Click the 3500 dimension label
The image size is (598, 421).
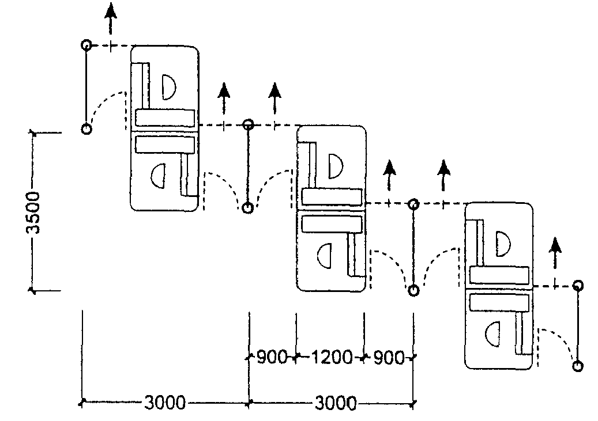(x=35, y=213)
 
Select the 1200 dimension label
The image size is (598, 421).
(x=332, y=358)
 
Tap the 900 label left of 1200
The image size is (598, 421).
(x=272, y=358)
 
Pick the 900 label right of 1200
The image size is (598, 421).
(x=389, y=358)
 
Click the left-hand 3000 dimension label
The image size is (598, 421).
(x=165, y=403)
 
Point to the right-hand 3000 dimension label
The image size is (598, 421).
(x=336, y=403)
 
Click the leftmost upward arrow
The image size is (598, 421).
(x=111, y=19)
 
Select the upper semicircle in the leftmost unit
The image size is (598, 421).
(x=168, y=87)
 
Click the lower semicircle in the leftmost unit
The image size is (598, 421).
(x=158, y=176)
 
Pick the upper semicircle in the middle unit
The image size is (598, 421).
(x=335, y=166)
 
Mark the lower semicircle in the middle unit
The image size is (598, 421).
(x=325, y=256)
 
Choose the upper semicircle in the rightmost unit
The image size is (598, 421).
(x=503, y=244)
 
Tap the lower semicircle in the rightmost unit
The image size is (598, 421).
(x=492, y=334)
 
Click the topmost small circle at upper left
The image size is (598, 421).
(x=86, y=45)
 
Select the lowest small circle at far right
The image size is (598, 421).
(x=578, y=366)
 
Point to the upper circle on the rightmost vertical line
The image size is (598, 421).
(x=578, y=285)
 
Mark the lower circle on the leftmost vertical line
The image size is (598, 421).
(x=87, y=129)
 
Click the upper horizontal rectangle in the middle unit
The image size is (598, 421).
(x=332, y=196)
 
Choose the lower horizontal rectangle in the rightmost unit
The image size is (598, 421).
(x=499, y=302)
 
